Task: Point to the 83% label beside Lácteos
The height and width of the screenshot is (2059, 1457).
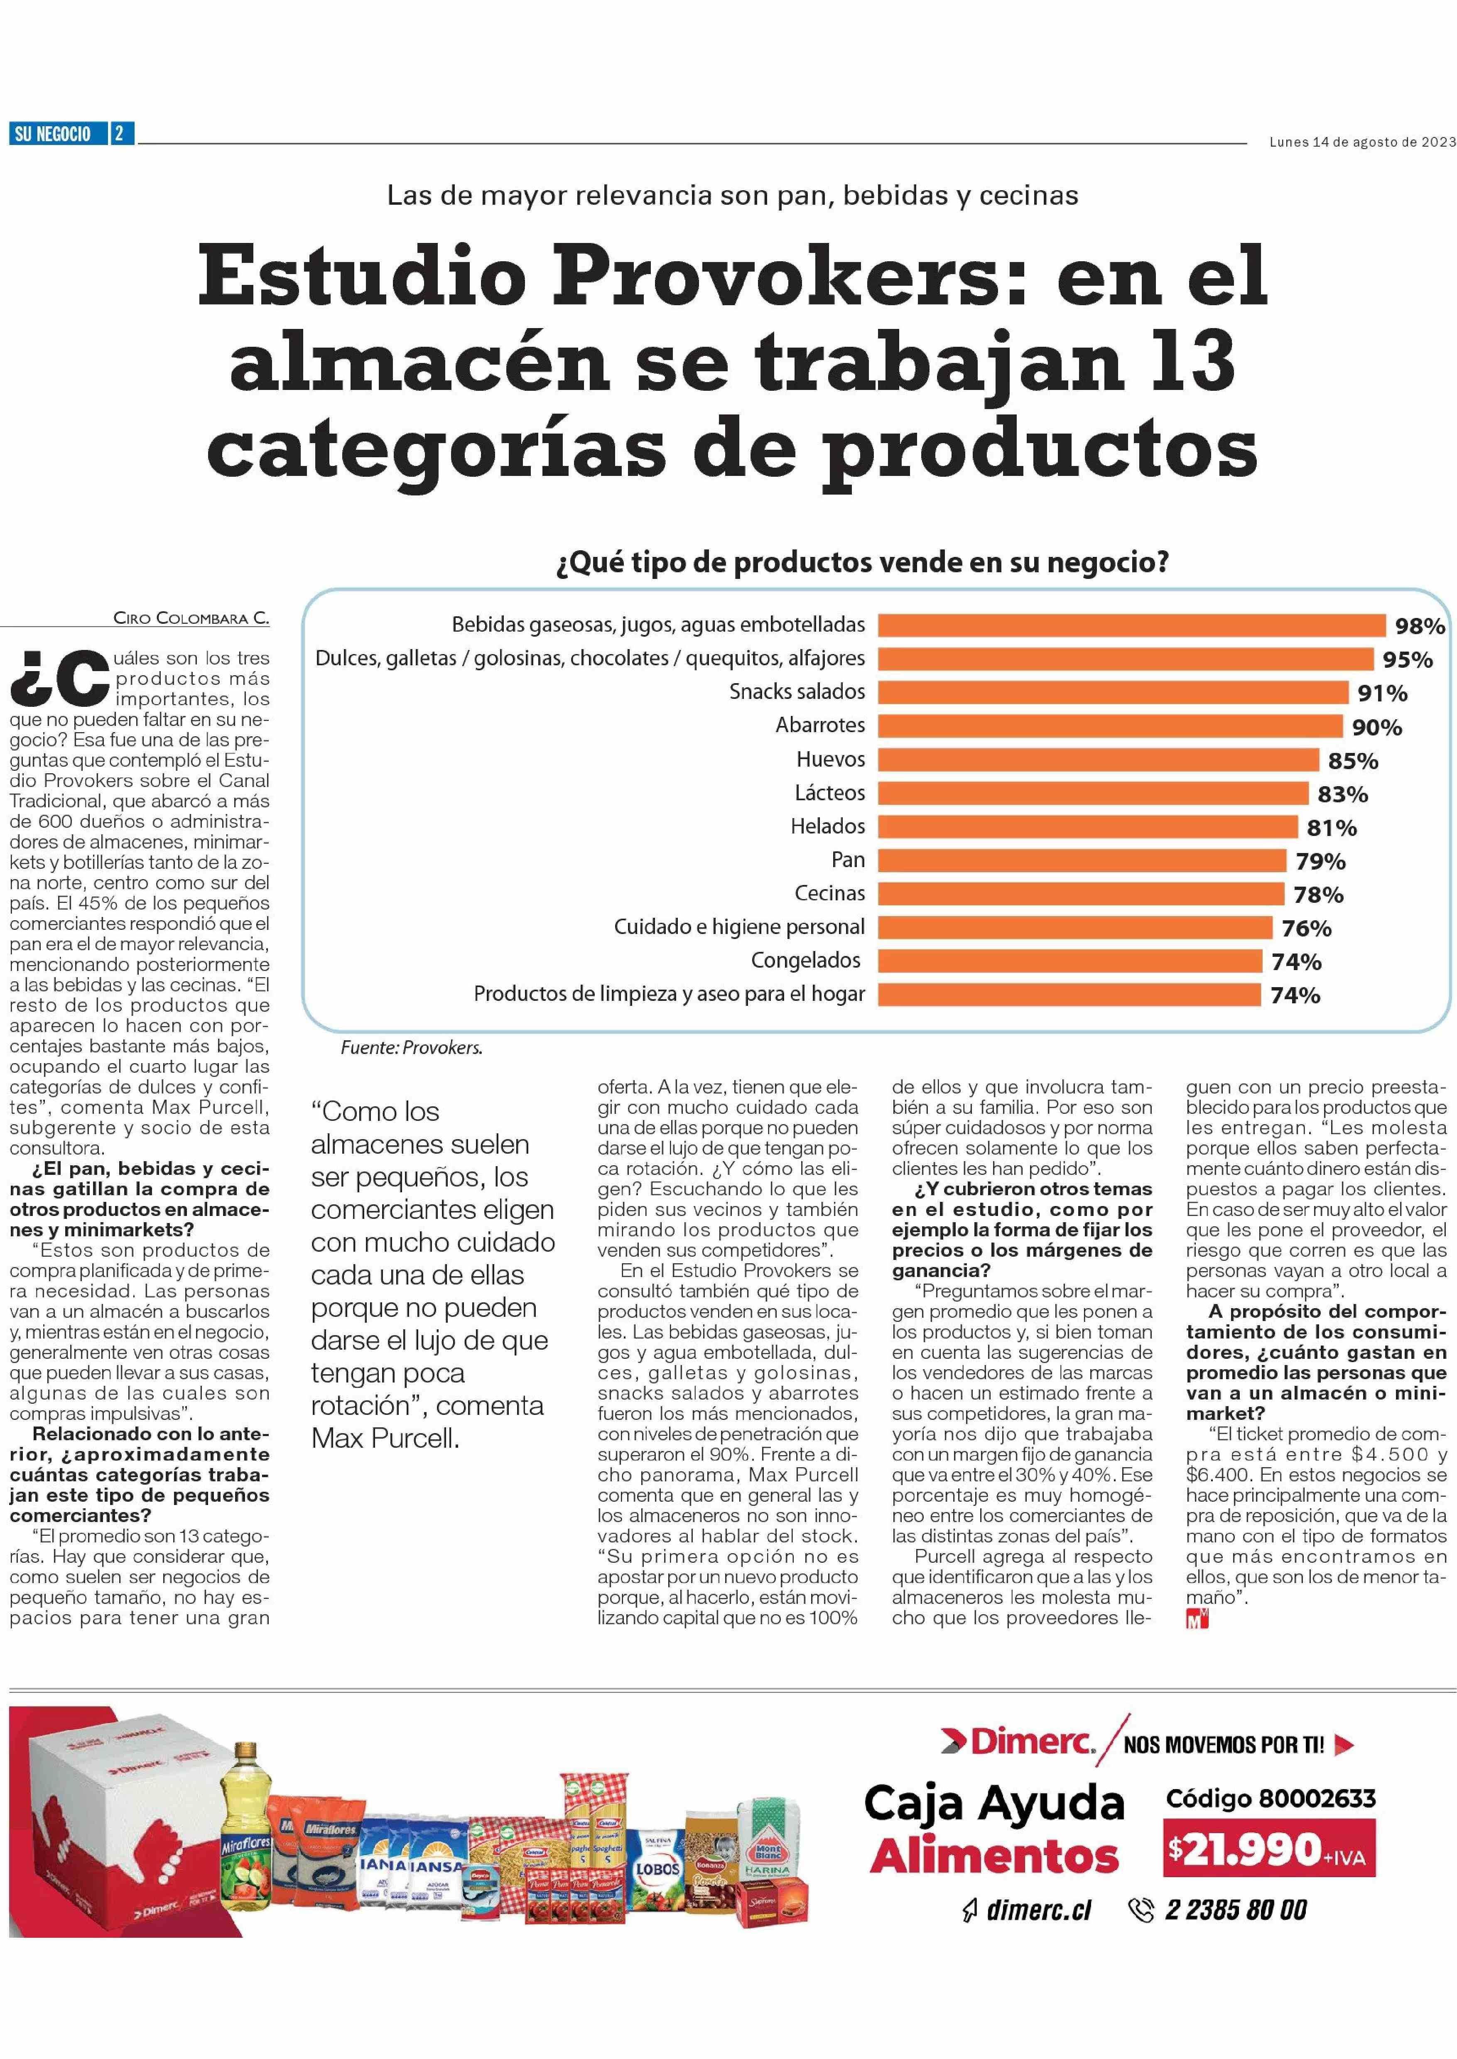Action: [x=1342, y=794]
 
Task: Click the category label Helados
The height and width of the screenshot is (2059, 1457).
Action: [x=827, y=826]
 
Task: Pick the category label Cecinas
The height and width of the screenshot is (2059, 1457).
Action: [x=830, y=894]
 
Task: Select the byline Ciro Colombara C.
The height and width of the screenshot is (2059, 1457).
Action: [x=191, y=618]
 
